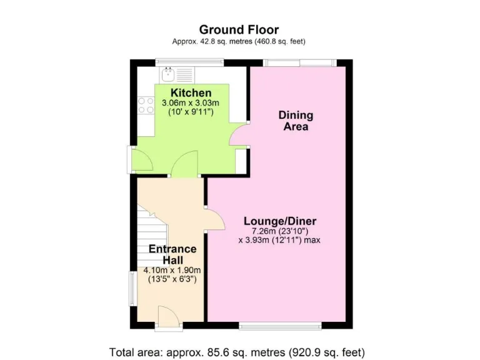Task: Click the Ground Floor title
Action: [239, 29]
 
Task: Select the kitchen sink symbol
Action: [168, 76]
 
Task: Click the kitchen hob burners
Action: [146, 104]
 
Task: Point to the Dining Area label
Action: [296, 121]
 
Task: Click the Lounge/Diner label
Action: [279, 221]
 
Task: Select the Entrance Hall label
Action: [172, 254]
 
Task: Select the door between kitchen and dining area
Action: [239, 136]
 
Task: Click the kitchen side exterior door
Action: [140, 160]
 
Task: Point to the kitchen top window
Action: [190, 62]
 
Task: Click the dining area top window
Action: [299, 62]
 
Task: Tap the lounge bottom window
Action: [281, 325]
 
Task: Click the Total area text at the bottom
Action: [237, 351]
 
